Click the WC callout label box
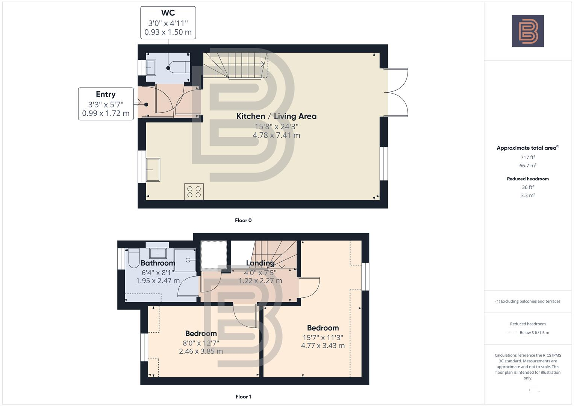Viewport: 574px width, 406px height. (168, 23)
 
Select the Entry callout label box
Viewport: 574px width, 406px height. (106, 104)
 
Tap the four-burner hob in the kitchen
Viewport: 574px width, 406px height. (194, 191)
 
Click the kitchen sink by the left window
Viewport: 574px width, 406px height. (153, 170)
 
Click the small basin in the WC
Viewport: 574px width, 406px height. (151, 68)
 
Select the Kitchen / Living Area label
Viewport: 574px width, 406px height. (276, 116)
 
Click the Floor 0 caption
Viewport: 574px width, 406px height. (243, 220)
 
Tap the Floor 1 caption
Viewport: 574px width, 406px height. (243, 397)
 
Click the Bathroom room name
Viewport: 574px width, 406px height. (158, 263)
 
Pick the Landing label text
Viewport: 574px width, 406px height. (260, 263)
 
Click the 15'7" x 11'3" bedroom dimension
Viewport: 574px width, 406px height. (323, 338)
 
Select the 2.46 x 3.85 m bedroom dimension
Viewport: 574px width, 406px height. (201, 351)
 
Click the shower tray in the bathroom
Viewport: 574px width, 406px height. (185, 260)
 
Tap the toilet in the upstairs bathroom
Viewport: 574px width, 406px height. (134, 259)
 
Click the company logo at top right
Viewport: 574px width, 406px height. (528, 31)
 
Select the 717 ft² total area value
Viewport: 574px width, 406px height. (528, 158)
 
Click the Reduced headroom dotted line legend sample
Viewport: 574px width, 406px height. (512, 333)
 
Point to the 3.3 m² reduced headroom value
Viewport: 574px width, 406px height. (528, 195)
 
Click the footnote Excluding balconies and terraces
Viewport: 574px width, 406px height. (528, 301)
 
